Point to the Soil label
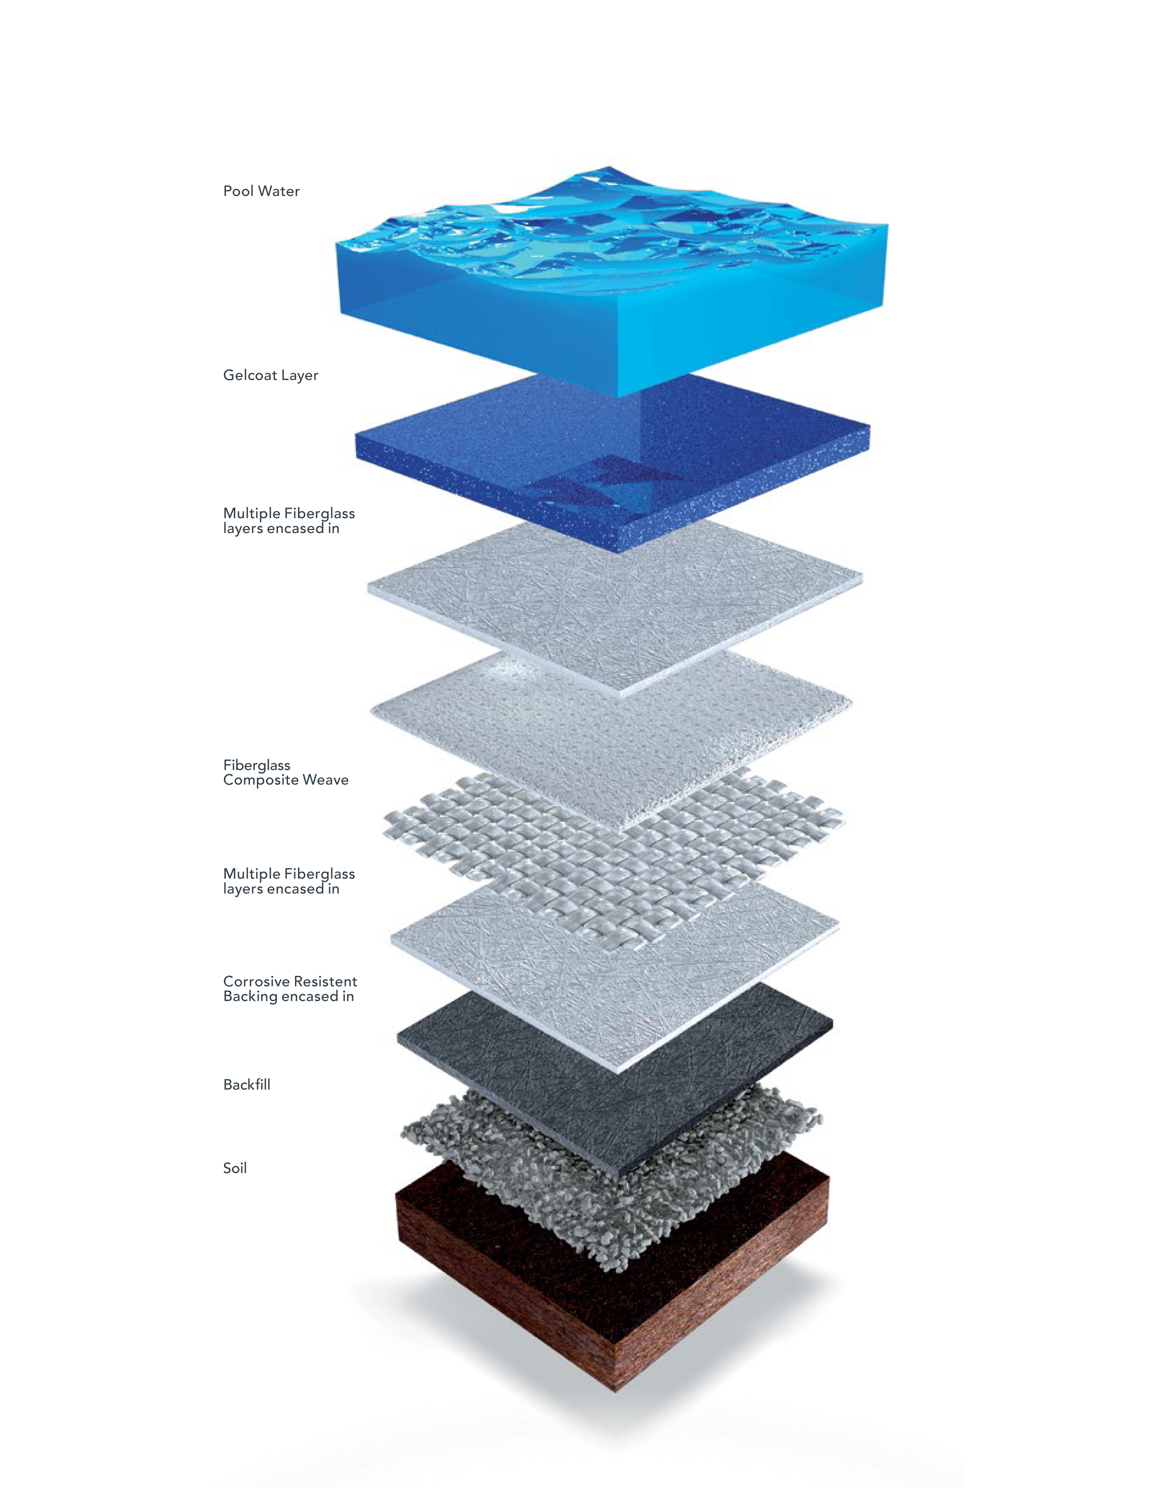(x=235, y=1168)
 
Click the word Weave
(x=326, y=780)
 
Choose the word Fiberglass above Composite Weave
(x=257, y=765)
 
